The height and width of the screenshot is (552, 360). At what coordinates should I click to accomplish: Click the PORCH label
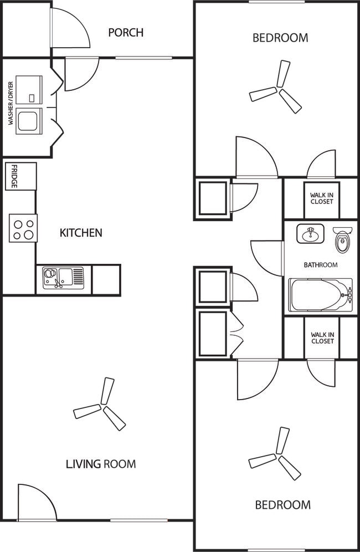(x=126, y=32)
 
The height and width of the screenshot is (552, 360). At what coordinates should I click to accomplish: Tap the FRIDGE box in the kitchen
(x=20, y=176)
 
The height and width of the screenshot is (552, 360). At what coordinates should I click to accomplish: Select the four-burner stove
(x=23, y=228)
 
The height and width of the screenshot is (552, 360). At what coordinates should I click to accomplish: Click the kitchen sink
(x=63, y=278)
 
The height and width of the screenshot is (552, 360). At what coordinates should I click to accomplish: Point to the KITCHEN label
(x=81, y=233)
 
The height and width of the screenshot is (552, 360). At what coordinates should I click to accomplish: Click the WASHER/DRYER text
(x=11, y=103)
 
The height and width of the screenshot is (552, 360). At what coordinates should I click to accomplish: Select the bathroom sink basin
(x=310, y=234)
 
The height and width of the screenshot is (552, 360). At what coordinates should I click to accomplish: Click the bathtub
(x=320, y=295)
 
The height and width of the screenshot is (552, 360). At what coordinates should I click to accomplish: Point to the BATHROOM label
(x=321, y=265)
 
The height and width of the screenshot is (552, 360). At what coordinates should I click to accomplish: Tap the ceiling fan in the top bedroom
(x=276, y=87)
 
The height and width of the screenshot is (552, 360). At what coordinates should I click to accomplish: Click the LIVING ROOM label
(x=101, y=464)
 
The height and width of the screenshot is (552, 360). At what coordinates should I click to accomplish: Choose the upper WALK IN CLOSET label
(x=322, y=198)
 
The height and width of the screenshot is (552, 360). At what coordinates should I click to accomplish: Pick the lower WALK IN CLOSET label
(x=322, y=338)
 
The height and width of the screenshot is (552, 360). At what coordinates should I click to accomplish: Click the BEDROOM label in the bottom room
(x=282, y=505)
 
